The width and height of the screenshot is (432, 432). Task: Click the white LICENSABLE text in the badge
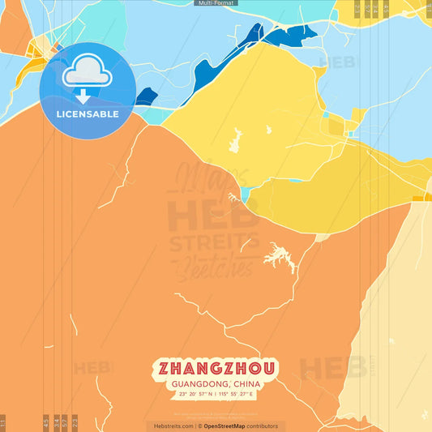(x=88, y=114)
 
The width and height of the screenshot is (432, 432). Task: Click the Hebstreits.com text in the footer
(x=173, y=426)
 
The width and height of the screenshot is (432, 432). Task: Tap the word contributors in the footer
(x=263, y=426)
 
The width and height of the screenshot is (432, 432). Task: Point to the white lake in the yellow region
(x=240, y=140)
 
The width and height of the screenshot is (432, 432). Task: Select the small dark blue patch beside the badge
(x=147, y=96)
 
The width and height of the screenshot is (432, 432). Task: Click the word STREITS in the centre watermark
(x=214, y=242)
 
